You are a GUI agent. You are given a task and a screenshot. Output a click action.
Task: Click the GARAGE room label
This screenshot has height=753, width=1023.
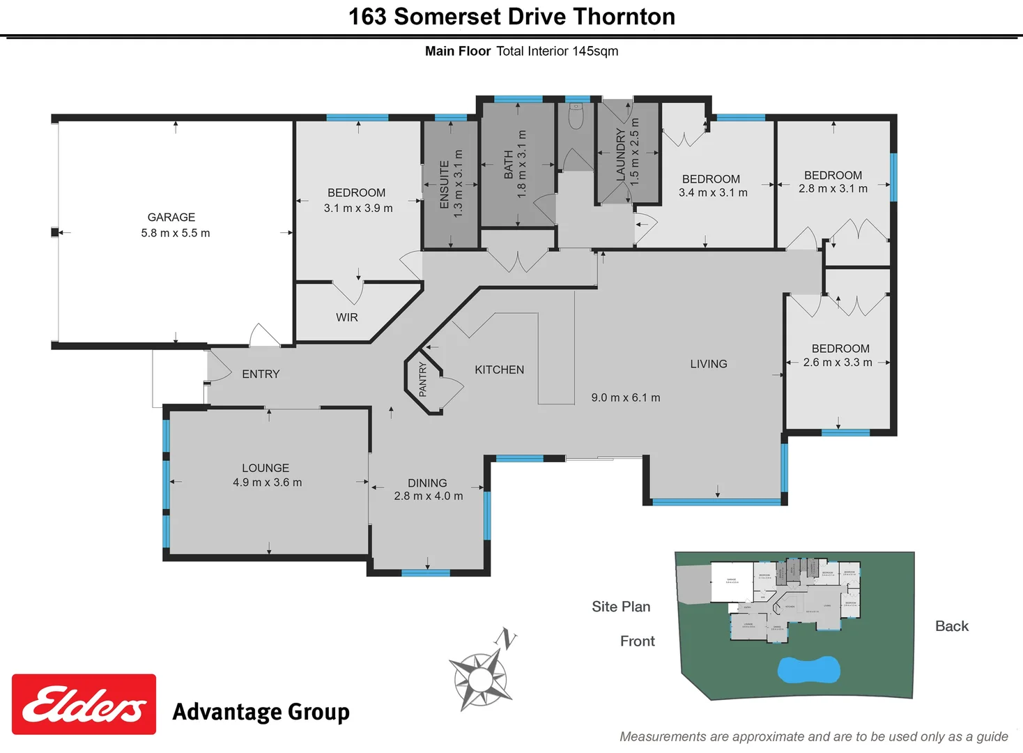pos(171,218)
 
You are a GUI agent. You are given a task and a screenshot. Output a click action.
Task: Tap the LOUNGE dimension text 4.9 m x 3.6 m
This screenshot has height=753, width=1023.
pos(268,482)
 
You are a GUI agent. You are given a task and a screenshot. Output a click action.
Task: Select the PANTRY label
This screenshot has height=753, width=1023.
pos(423,379)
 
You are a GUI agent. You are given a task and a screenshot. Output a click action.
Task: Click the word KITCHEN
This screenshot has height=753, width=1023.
pos(499,370)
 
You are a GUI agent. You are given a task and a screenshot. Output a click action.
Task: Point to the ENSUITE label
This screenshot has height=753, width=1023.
pos(445,184)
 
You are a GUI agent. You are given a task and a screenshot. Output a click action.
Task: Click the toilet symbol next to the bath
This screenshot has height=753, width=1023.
pos(576,116)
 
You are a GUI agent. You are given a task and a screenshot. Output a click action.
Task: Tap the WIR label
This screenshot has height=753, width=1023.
pos(347,317)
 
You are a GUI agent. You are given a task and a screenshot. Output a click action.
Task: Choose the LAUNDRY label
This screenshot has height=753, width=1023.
pos(621,155)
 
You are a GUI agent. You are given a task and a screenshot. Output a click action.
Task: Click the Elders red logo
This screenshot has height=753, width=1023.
pos(84,704)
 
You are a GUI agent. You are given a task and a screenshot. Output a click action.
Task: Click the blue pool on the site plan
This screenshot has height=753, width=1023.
pos(808,669)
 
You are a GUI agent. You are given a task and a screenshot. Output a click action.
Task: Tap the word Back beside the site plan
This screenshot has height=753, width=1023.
pos(951,626)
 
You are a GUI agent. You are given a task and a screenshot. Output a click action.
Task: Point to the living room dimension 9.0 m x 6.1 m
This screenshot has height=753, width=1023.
pos(626,397)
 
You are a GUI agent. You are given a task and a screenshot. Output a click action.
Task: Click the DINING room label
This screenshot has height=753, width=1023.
pos(427,483)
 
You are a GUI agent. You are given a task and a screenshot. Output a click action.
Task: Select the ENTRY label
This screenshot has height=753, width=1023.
pos(261,374)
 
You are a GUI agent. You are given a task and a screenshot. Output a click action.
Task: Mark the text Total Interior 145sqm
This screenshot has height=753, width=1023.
pos(557,51)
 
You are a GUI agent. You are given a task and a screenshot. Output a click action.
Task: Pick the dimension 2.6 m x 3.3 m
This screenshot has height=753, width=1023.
pos(838,363)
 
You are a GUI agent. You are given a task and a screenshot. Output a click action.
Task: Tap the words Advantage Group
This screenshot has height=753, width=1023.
pos(261,712)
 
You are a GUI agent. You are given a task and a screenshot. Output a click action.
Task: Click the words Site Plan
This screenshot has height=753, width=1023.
pos(621,607)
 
